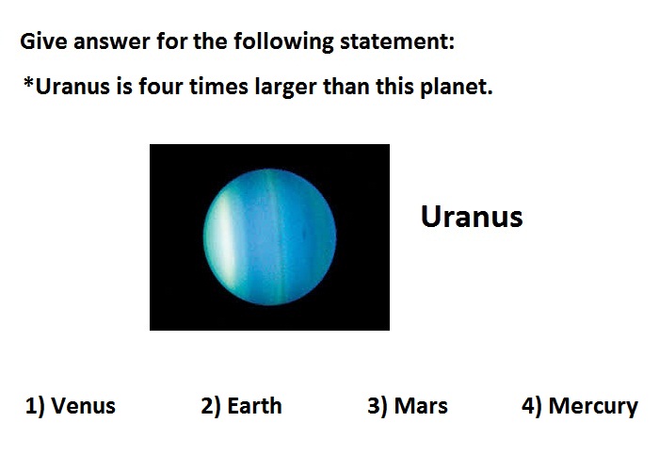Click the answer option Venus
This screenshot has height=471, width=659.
point(71,406)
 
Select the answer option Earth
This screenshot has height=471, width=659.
point(241,406)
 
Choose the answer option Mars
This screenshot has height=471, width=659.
point(408,406)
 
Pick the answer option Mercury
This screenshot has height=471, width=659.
point(580,407)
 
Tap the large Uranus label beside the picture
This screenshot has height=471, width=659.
point(472,217)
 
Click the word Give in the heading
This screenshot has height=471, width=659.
point(43,41)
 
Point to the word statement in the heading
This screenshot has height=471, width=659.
point(397,41)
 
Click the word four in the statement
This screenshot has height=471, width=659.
point(161,87)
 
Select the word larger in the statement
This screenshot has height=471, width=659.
point(285,88)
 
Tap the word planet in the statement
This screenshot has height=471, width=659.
point(457,88)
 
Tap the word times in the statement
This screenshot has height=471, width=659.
point(218,87)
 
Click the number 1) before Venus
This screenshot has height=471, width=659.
point(35,406)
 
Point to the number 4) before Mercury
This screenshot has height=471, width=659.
point(532,406)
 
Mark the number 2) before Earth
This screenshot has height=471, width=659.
point(211,406)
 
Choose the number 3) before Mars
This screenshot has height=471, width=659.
point(378,406)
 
